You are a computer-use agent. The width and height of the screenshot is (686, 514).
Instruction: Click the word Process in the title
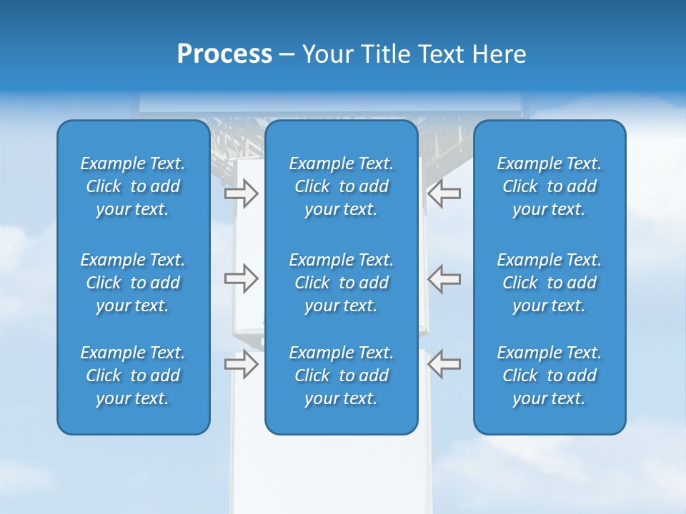[224, 54]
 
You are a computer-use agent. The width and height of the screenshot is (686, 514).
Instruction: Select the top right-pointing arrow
[241, 193]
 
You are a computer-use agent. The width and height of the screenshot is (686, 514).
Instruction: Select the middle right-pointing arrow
[241, 278]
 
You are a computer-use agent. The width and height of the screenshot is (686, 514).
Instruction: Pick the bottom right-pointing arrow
[241, 365]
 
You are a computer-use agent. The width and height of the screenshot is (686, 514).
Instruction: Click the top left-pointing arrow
[444, 193]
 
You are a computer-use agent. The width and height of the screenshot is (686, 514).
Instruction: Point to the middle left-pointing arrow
[444, 278]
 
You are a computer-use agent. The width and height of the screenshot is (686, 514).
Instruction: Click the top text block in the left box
[133, 186]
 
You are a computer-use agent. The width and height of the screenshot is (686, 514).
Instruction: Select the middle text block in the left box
[133, 283]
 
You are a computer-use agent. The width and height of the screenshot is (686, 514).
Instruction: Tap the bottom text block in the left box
[133, 376]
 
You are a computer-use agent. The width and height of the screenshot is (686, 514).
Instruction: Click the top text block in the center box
[342, 186]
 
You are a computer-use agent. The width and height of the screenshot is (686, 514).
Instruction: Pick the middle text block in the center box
[342, 283]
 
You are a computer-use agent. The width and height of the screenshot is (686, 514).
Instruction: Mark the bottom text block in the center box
[342, 376]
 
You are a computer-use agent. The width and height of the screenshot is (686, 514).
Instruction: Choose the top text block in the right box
[550, 186]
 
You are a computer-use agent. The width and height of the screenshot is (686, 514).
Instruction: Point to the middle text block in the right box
[550, 283]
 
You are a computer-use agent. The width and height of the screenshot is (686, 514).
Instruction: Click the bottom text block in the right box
[550, 376]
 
